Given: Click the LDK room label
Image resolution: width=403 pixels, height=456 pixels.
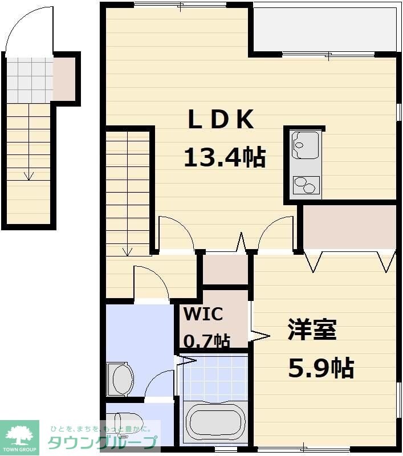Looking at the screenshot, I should (x=221, y=120).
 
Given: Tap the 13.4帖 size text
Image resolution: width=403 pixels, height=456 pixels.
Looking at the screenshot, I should (x=225, y=157).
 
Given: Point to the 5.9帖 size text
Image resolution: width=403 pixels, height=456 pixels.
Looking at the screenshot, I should (x=320, y=368).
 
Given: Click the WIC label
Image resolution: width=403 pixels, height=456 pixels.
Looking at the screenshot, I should (x=203, y=314).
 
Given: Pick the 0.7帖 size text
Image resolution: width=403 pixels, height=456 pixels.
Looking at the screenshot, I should (x=206, y=341).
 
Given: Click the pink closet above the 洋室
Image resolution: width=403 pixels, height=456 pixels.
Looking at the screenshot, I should (x=349, y=227).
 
